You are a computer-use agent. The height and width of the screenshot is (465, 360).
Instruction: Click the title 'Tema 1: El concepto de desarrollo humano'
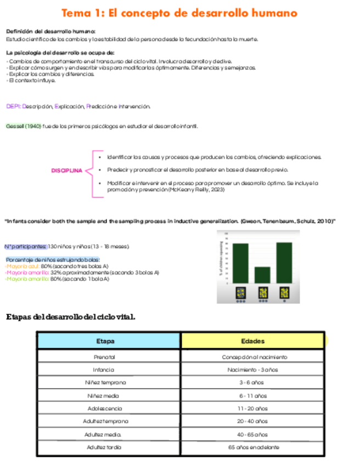(x=179, y=13)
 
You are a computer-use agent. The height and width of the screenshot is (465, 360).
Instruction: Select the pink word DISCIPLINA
(x=66, y=171)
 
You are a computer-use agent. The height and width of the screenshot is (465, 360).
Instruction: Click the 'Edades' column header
(x=252, y=341)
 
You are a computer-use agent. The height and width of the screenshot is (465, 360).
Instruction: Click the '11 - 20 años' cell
(x=252, y=409)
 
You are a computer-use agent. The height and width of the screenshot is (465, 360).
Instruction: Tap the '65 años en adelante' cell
(x=252, y=447)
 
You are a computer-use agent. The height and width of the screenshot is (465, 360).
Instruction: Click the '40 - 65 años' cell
(x=252, y=434)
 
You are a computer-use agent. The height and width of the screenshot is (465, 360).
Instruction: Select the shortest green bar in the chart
(x=262, y=275)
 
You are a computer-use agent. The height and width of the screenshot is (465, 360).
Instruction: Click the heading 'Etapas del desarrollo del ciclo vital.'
(x=70, y=317)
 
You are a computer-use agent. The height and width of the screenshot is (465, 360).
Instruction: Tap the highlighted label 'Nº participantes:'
(x=25, y=247)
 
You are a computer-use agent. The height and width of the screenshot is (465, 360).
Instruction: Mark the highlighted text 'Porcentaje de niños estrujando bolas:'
(x=53, y=259)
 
